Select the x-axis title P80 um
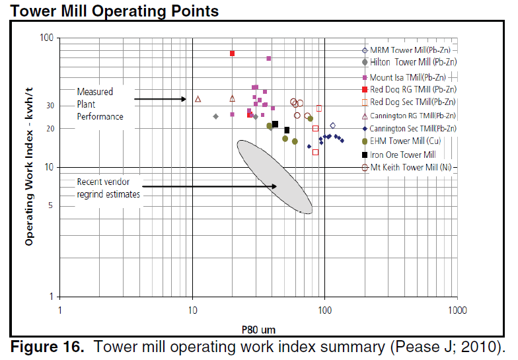[258, 328]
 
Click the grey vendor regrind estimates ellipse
[274, 176]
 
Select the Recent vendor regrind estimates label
[108, 188]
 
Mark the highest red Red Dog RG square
[232, 54]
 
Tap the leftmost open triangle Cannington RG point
[198, 99]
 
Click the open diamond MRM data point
[332, 125]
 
